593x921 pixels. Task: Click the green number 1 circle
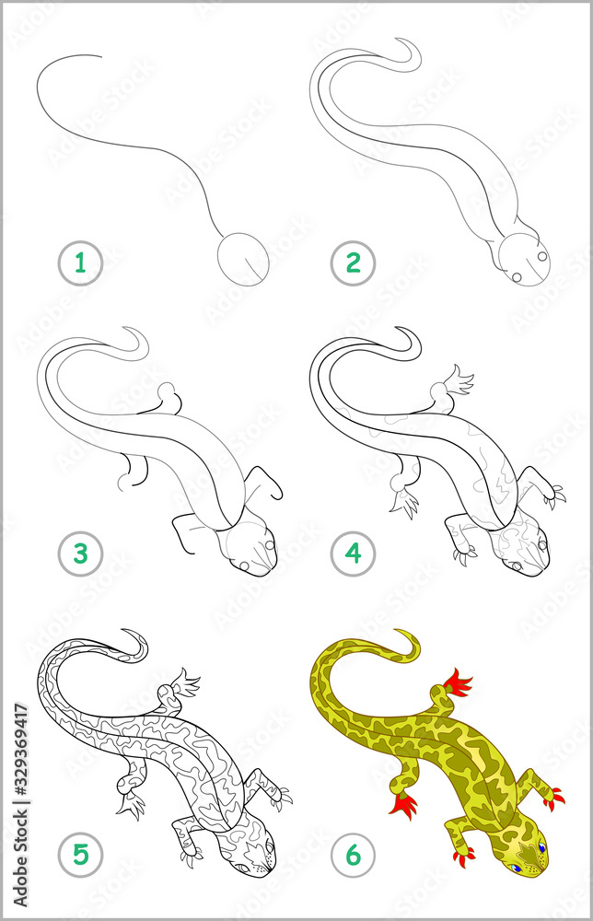pos(80,264)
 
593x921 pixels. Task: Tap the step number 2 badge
pos(354,264)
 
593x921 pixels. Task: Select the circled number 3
pos(80,555)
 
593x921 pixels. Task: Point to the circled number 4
pos(354,555)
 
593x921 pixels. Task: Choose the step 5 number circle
pos(80,856)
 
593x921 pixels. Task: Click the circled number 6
pos(354,856)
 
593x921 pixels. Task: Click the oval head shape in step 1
pos(244,259)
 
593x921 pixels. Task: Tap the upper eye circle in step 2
pos(541,256)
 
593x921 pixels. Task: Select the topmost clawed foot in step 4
pos(457,379)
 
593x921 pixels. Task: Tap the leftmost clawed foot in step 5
pos(130,808)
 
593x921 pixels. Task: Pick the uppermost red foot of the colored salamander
pos(458,682)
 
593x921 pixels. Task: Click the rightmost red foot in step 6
pos(554,798)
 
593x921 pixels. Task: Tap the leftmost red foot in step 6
pos(403,806)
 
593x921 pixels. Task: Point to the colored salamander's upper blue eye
pos(541,847)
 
